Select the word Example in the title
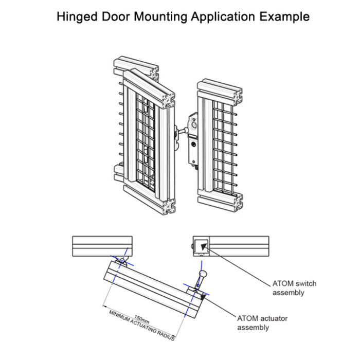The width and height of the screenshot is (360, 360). click(x=285, y=16)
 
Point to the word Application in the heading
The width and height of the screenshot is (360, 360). click(x=224, y=16)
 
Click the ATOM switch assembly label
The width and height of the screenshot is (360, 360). click(x=294, y=288)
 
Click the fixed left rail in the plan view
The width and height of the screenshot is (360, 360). click(x=102, y=245)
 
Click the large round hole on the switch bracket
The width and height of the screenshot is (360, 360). click(x=194, y=123)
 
